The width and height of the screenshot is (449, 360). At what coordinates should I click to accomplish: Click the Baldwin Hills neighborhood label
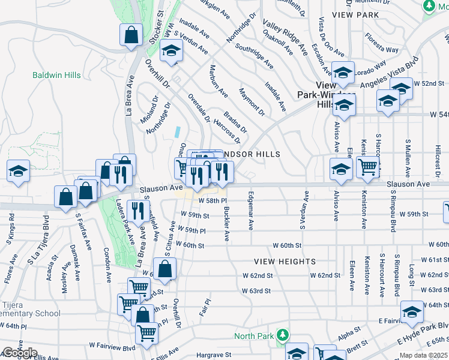point(56,75)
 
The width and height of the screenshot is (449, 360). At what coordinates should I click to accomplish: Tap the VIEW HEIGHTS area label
point(285,262)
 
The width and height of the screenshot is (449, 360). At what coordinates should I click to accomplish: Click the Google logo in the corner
point(20,353)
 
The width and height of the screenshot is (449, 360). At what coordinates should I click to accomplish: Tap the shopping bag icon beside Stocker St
point(131,35)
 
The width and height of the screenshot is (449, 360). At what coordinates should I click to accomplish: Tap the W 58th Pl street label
point(212,200)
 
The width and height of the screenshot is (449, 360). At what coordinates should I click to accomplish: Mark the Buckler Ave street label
point(226,223)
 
